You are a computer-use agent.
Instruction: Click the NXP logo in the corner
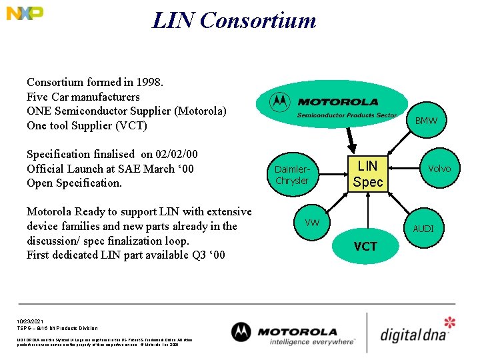click(25, 13)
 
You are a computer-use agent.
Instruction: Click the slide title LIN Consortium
click(234, 20)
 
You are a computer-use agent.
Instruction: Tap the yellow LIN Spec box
click(367, 174)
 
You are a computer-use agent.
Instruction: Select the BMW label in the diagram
click(426, 121)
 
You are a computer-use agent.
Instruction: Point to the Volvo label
click(439, 169)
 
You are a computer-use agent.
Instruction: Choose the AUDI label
click(423, 229)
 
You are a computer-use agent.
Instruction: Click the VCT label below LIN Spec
click(365, 247)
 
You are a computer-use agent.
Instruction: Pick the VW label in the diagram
click(312, 222)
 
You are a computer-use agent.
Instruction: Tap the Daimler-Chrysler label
click(292, 175)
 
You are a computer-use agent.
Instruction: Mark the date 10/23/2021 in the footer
click(30, 321)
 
